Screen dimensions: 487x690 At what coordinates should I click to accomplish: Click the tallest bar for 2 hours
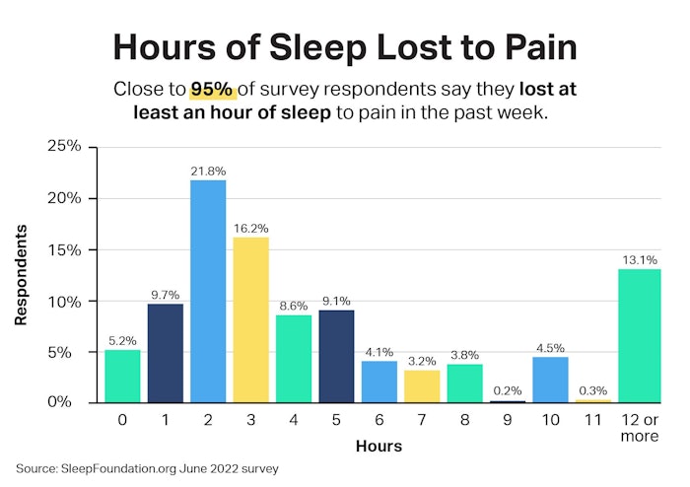208,291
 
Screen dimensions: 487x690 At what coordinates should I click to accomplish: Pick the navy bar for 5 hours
336,356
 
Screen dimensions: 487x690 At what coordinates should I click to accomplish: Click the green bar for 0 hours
122,376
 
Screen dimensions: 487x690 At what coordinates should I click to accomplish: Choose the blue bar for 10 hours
550,380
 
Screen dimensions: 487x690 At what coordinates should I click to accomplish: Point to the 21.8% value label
208,172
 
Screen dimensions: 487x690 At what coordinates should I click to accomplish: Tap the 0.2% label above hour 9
508,391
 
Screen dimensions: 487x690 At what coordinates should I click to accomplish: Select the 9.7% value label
166,295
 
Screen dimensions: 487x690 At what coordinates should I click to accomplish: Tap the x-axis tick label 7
422,419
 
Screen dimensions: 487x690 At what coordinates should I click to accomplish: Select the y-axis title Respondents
21,275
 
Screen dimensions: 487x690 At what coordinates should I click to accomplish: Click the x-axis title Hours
379,446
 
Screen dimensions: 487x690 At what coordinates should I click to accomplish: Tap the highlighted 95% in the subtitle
213,90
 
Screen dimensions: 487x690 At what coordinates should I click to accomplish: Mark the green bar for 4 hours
294,359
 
